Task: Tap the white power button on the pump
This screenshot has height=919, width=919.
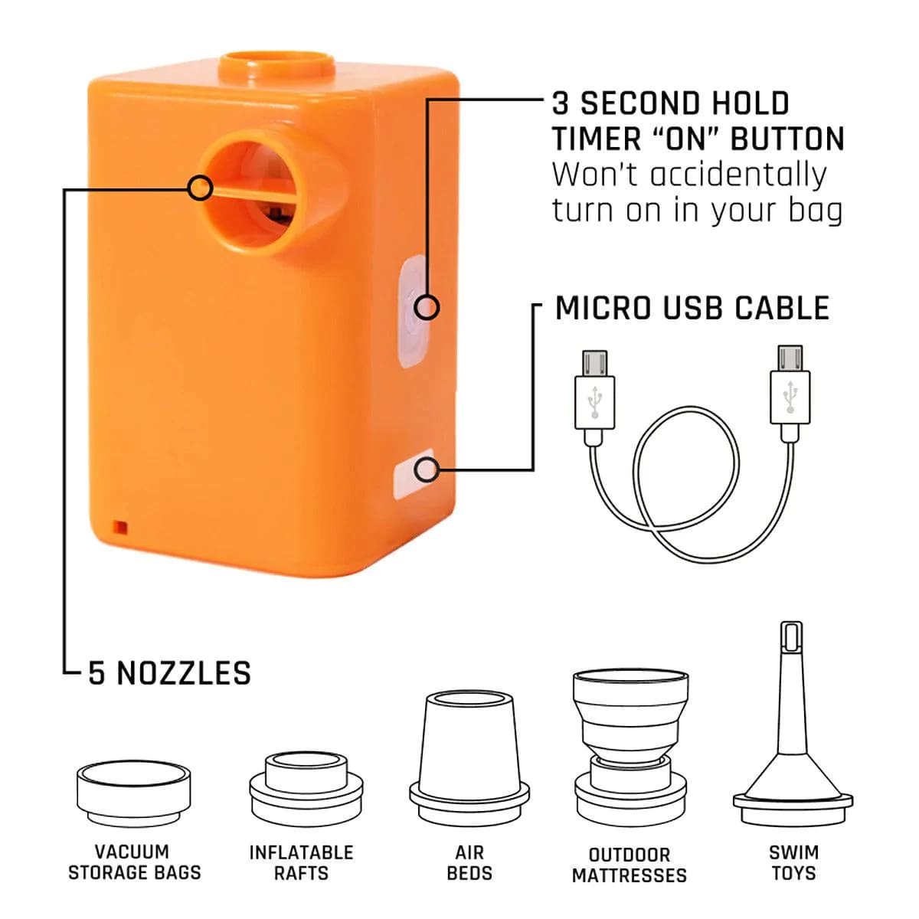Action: (413, 311)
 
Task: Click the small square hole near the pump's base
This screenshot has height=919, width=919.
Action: (120, 527)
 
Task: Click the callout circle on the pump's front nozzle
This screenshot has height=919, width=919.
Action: (200, 188)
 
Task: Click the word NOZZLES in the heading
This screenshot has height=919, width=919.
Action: (184, 673)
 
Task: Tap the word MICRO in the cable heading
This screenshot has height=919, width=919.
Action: (603, 308)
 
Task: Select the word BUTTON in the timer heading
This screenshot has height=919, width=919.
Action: (787, 139)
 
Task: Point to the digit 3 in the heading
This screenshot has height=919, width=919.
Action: (561, 103)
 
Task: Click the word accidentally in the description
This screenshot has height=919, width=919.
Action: (738, 175)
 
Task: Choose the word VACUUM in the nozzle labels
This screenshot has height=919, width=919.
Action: (132, 852)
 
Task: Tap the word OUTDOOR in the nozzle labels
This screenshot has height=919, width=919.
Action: (630, 855)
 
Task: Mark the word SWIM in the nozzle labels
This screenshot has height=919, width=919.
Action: (793, 852)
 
